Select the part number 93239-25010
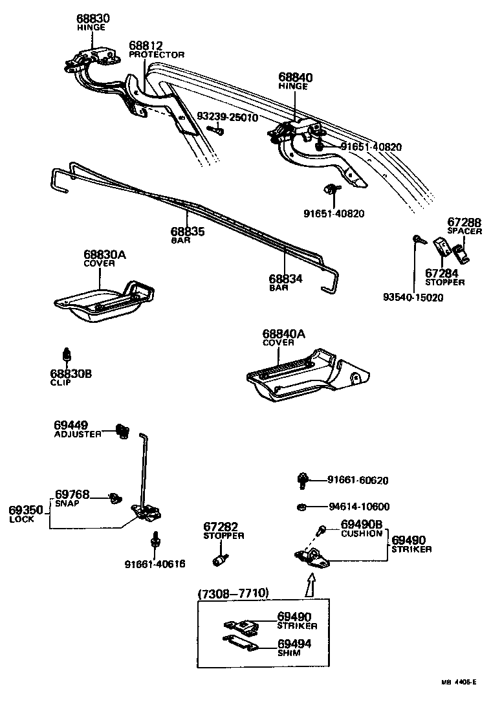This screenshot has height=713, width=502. point(228,118)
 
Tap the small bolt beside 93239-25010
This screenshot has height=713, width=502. point(217,130)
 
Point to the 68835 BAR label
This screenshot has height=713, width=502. point(188,235)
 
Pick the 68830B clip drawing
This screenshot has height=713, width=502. point(65,356)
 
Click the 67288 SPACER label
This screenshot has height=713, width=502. point(465,226)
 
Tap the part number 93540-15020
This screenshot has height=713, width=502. point(413,297)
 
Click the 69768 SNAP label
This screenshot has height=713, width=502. point(71,499)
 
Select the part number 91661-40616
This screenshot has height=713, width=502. point(155,564)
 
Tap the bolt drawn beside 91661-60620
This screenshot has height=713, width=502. point(301,480)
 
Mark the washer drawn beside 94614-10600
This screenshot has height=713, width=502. point(301,507)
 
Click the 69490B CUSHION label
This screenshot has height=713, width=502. point(362,528)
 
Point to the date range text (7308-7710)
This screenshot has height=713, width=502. point(233,593)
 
